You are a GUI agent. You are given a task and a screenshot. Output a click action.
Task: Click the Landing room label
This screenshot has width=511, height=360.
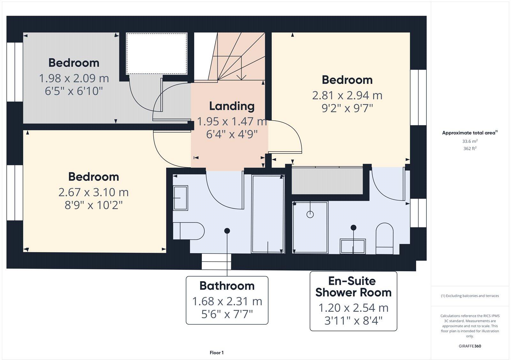232,106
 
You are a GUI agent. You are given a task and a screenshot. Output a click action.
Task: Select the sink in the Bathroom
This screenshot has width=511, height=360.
180,198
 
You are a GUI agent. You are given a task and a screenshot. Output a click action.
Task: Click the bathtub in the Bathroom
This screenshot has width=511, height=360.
268,214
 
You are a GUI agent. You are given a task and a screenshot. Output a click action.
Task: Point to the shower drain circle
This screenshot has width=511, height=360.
310,214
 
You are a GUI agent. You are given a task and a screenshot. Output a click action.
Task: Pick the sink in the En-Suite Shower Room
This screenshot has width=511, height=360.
353,246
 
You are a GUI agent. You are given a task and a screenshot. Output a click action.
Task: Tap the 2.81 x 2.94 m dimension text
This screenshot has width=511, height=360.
347,95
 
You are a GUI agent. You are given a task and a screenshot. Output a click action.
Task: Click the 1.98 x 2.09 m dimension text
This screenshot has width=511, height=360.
74,78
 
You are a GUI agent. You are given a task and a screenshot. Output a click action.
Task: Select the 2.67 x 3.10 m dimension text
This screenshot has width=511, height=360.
94,192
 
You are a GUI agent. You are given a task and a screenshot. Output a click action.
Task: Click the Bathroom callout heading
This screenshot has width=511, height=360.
227,286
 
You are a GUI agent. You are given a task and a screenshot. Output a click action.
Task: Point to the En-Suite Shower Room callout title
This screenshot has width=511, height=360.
353,287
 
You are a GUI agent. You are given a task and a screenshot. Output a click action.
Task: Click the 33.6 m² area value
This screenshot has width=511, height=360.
470,141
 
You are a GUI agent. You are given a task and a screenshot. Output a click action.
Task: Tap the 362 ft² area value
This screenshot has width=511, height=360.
470,148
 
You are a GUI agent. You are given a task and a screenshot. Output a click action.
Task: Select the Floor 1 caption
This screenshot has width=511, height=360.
217,353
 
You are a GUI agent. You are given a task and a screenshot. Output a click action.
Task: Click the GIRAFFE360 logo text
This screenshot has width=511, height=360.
470,346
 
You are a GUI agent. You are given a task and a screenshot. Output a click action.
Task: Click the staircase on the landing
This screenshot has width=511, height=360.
238,57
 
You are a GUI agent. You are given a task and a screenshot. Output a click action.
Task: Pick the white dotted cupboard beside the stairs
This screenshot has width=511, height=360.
156,53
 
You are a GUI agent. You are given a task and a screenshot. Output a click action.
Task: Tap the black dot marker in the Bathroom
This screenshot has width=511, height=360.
227,230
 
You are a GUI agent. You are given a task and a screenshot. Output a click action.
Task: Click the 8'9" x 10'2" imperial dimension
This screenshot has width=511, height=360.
94,205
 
